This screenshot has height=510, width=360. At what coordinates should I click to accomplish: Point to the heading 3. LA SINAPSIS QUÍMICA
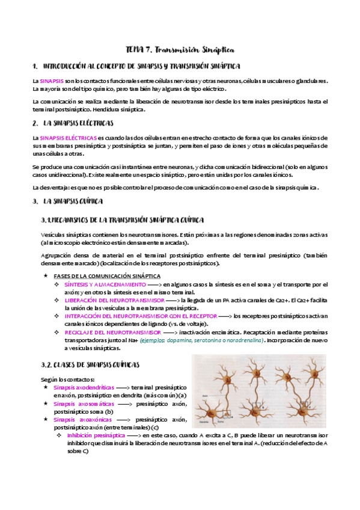tap(72, 201)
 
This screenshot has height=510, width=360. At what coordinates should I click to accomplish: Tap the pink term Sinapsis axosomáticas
tap(81, 404)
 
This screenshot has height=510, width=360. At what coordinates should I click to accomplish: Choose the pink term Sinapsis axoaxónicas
tap(79, 420)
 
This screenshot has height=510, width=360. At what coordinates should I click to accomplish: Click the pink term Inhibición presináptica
tap(96, 435)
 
